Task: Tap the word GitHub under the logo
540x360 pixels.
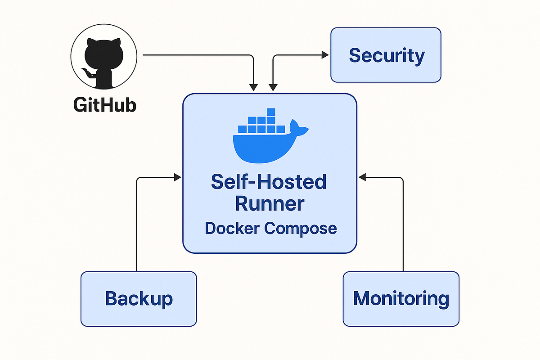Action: (104, 105)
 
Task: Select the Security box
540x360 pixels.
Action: (386, 55)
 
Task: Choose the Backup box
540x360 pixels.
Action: (139, 298)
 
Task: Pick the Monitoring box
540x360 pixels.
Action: (401, 298)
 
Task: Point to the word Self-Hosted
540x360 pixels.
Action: (269, 182)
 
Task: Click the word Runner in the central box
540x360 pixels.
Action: (270, 204)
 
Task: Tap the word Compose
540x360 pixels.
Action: (300, 228)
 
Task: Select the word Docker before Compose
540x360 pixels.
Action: (232, 228)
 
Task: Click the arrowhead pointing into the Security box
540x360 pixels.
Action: (325, 55)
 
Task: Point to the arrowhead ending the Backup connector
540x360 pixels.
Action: (177, 178)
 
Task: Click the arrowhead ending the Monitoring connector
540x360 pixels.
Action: (362, 178)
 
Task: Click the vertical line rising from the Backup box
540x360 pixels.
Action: (136, 225)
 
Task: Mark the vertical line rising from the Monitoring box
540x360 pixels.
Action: (403, 225)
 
